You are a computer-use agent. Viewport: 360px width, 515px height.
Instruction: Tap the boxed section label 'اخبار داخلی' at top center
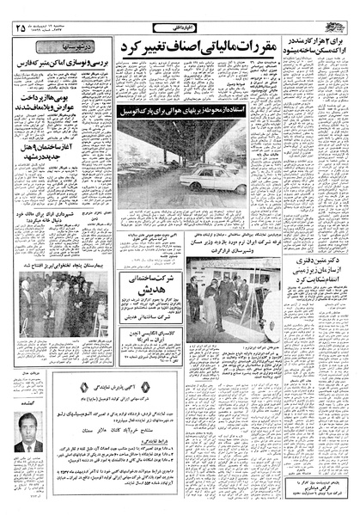point(179,16)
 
